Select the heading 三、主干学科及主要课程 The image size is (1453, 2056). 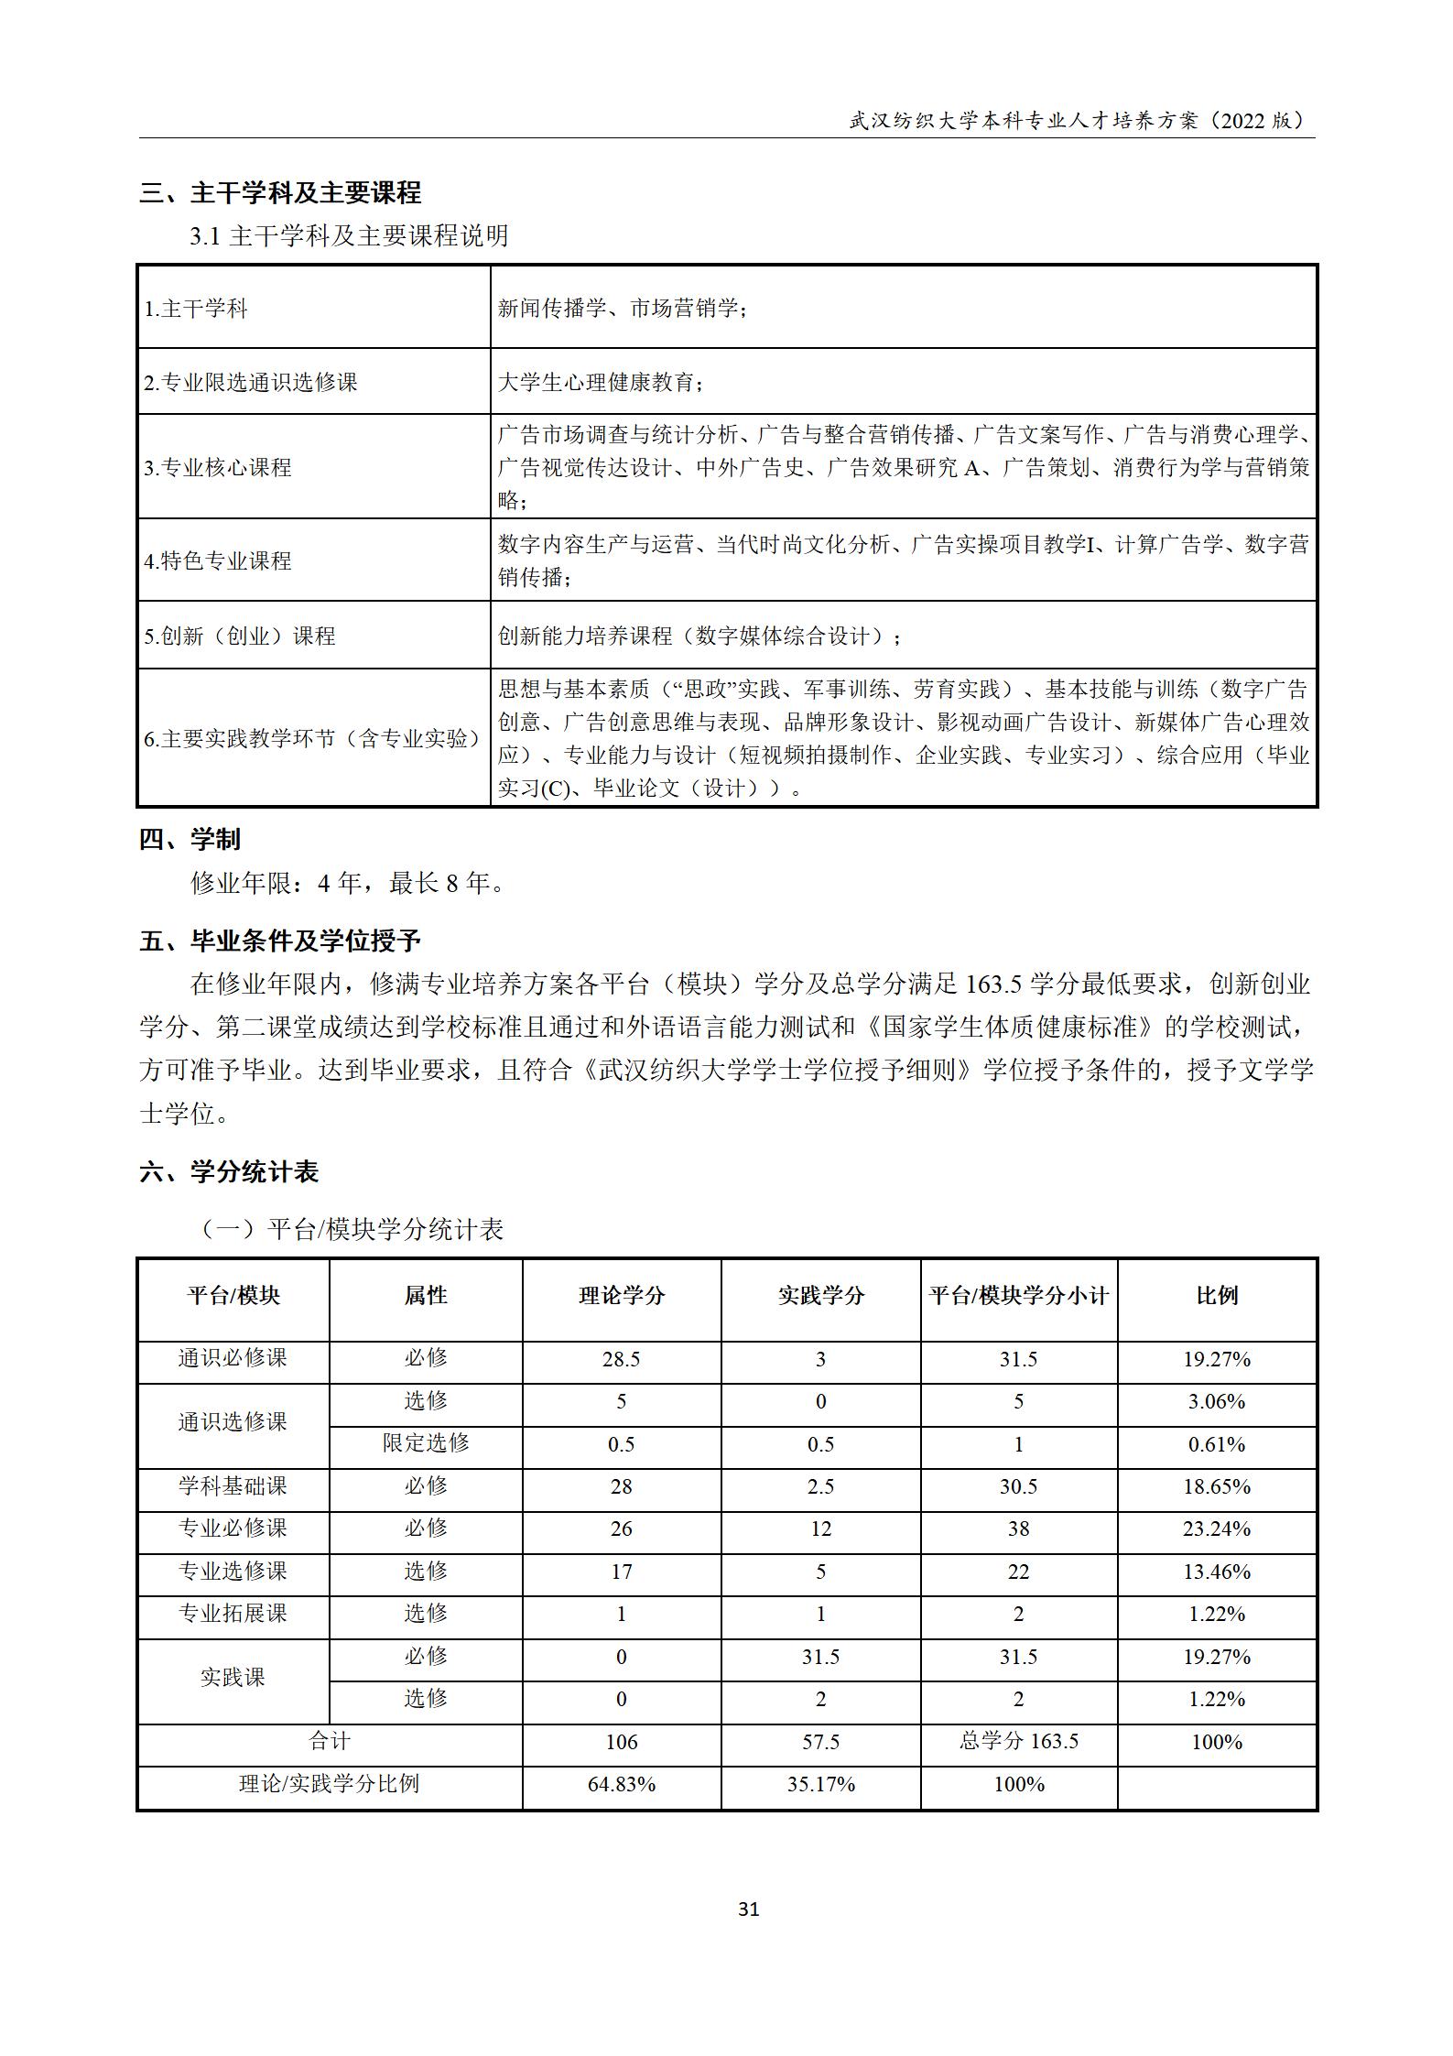[x=280, y=193]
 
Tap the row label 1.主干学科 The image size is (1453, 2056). [x=196, y=309]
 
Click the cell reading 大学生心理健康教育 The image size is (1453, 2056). [x=600, y=382]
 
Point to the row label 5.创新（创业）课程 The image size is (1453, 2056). [x=240, y=636]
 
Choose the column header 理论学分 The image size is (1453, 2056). [x=622, y=1295]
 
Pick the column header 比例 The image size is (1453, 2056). [x=1217, y=1295]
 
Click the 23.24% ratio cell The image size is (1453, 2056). [x=1217, y=1528]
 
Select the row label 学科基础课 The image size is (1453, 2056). [x=233, y=1485]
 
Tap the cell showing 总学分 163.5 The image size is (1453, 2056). [x=1018, y=1741]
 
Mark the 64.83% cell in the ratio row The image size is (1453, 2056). [x=622, y=1784]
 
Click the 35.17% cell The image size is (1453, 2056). [x=820, y=1784]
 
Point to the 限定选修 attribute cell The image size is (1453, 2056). [x=426, y=1443]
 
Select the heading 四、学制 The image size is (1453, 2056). [x=190, y=839]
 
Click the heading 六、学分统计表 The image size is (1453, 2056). [x=229, y=1172]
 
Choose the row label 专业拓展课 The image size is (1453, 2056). [x=233, y=1613]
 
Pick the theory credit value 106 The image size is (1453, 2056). [x=622, y=1742]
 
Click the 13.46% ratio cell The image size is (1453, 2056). [x=1217, y=1572]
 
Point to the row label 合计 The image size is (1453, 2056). [x=330, y=1741]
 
